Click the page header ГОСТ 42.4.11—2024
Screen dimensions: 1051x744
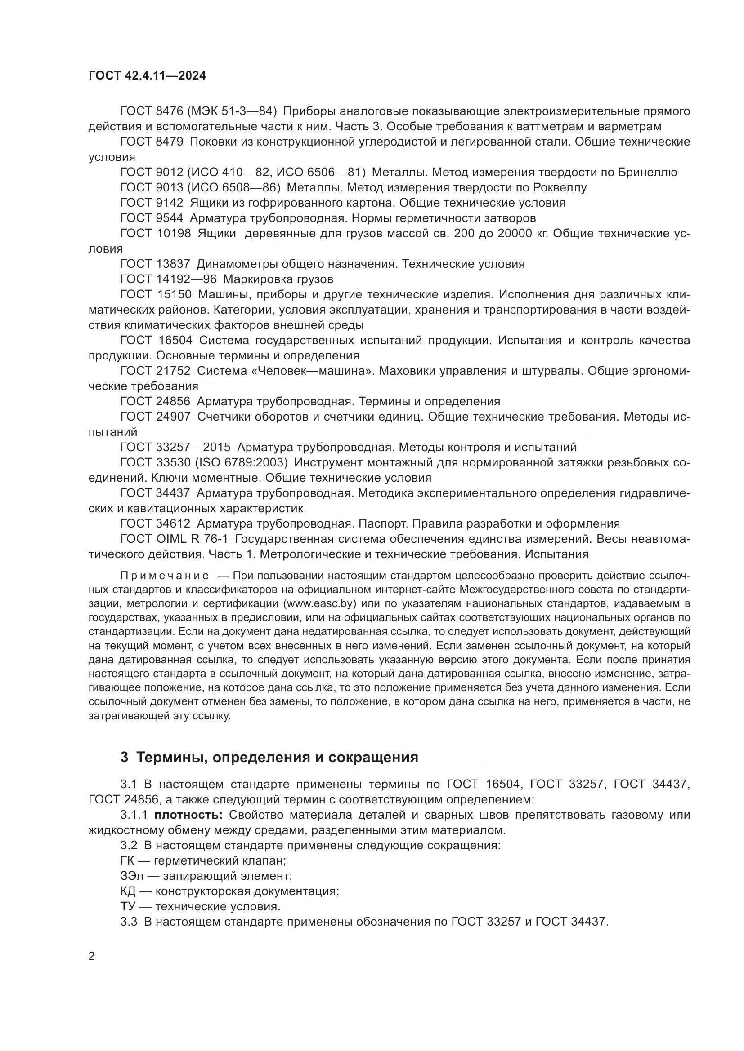[147, 76]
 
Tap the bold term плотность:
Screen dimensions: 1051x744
[189, 815]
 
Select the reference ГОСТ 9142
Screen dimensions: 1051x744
[152, 203]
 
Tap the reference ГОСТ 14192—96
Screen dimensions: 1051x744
[168, 279]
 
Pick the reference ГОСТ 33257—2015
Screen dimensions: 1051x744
[175, 447]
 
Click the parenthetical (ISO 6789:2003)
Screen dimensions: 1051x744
[242, 463]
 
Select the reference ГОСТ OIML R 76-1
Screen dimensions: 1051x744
[174, 539]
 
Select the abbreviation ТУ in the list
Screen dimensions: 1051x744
[128, 906]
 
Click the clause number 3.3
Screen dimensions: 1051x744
[129, 922]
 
